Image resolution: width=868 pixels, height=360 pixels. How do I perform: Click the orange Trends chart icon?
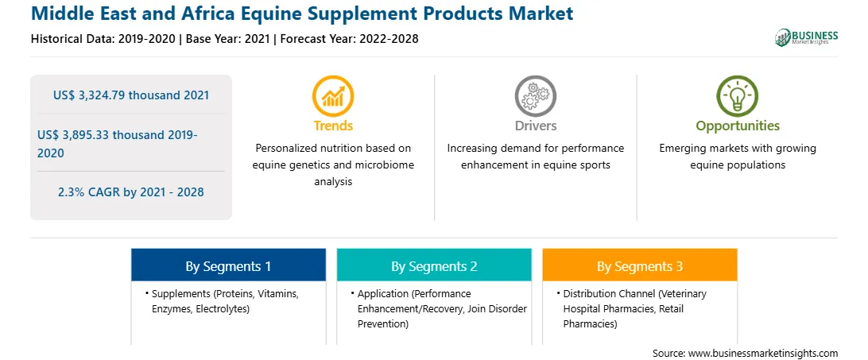pos(333,96)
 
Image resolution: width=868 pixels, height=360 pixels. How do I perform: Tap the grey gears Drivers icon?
pos(535,96)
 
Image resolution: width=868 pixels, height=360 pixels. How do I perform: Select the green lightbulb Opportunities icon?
pos(738,96)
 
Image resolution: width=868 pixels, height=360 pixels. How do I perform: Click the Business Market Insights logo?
pos(807,37)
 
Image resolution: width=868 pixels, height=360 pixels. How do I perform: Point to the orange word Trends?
pos(333,126)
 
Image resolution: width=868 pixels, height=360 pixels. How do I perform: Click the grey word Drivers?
pos(535,126)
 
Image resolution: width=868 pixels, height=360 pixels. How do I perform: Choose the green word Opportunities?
pos(738,126)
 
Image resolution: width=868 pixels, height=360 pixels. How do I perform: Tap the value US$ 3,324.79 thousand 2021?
pos(131,95)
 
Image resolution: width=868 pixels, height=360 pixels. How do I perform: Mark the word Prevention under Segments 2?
pos(383,324)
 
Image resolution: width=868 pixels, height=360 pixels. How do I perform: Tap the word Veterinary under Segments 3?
pos(684,293)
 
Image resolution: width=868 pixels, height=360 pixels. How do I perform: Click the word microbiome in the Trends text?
pos(387,165)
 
